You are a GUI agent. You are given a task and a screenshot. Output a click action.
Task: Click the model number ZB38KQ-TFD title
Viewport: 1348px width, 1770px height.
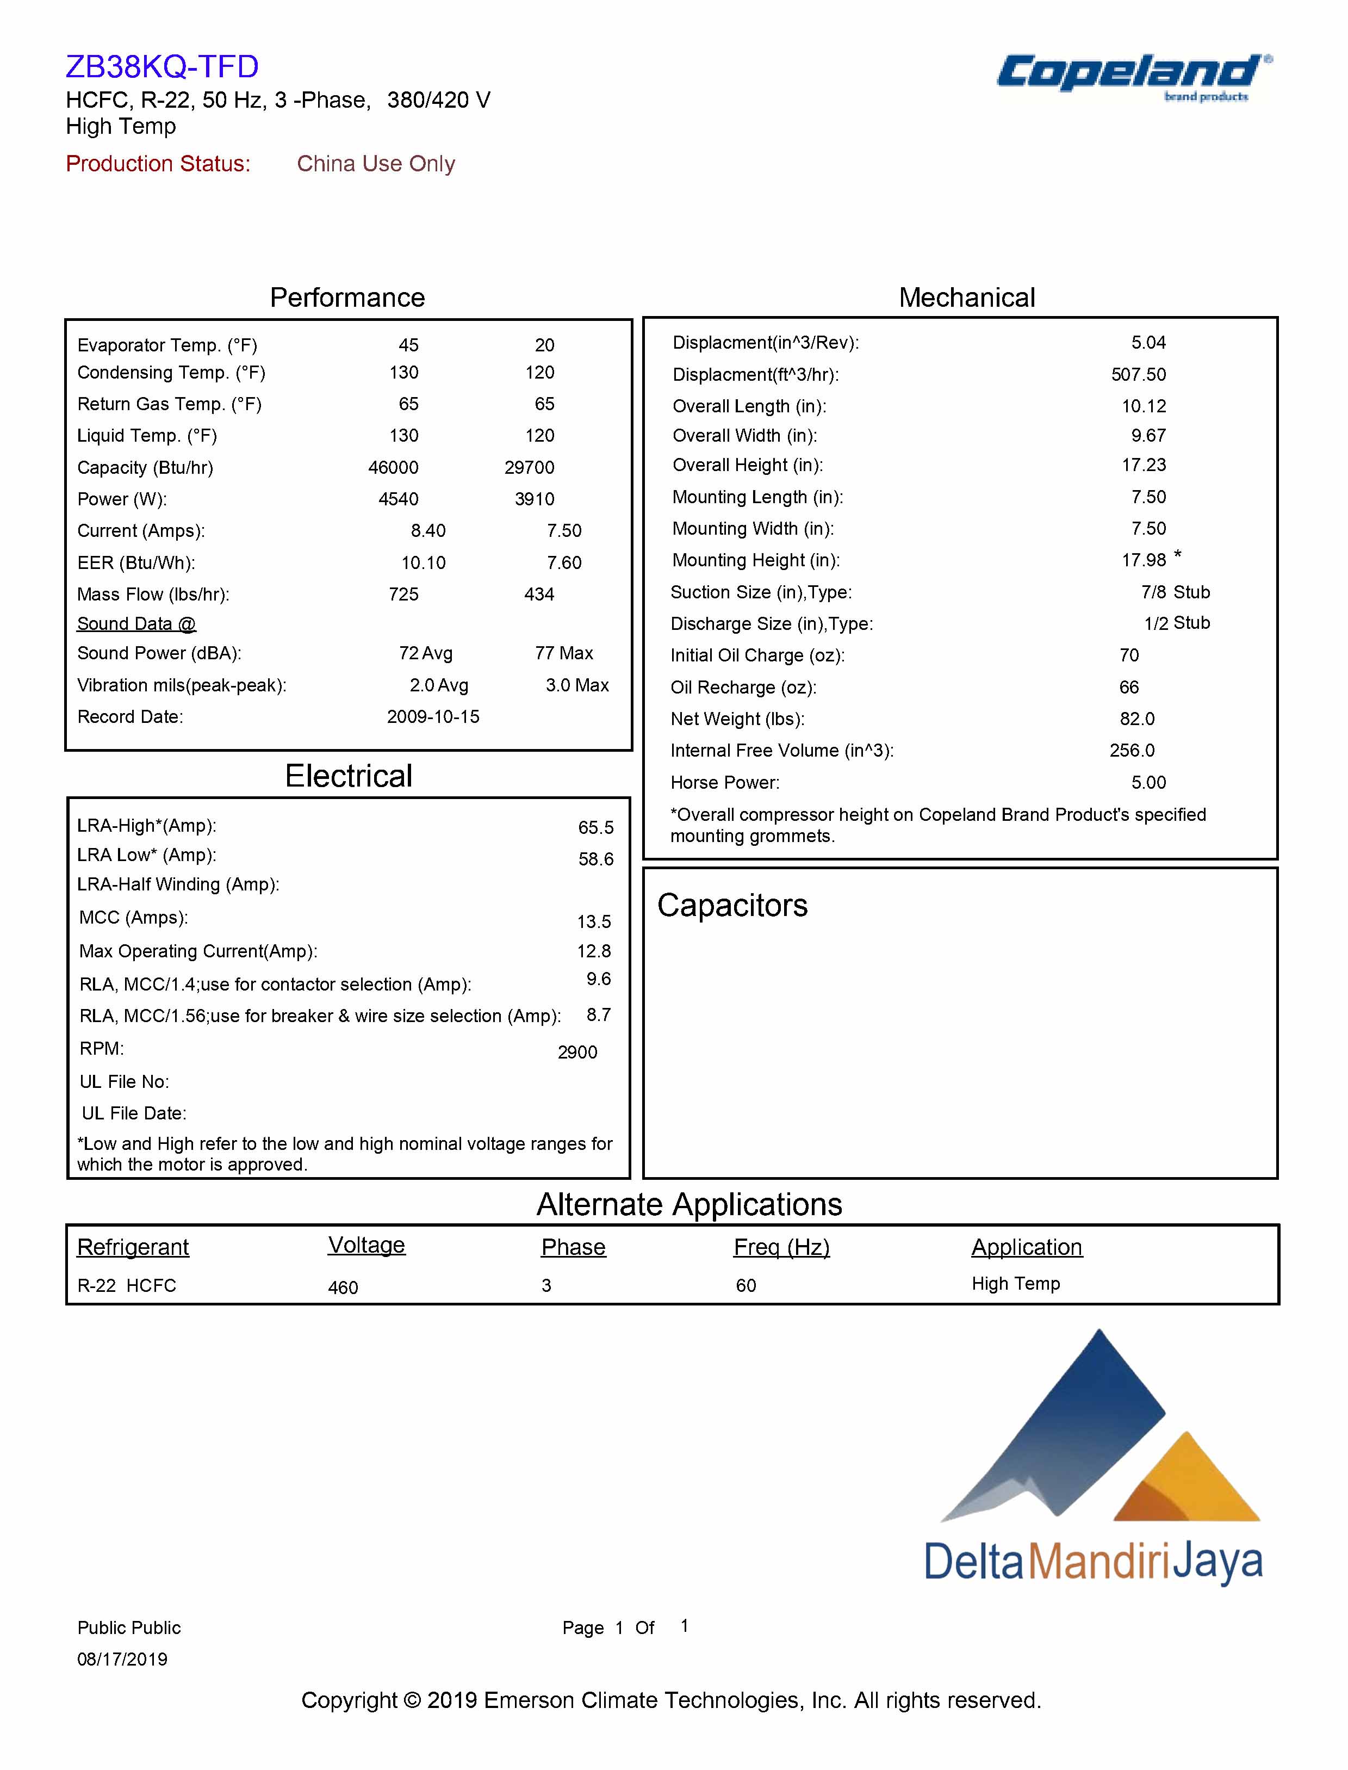pyautogui.click(x=162, y=66)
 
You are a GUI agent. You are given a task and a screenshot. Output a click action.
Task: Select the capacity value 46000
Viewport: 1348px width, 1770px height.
pyautogui.click(x=393, y=467)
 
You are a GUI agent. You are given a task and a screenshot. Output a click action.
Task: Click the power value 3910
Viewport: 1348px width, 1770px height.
pyautogui.click(x=535, y=499)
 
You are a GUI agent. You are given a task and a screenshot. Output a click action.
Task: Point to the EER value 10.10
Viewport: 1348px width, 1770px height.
pyautogui.click(x=423, y=562)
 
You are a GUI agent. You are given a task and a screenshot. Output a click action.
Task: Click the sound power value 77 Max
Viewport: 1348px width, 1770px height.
pyautogui.click(x=564, y=653)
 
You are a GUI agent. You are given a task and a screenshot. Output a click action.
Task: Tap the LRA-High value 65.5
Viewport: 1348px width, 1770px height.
pyautogui.click(x=595, y=827)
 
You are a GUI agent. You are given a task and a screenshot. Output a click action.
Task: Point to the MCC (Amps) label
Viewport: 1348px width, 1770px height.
pyautogui.click(x=133, y=918)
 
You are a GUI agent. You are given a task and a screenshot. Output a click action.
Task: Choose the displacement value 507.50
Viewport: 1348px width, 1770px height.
pyautogui.click(x=1138, y=375)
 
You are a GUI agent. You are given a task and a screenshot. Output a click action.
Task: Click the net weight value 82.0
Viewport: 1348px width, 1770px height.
pyautogui.click(x=1137, y=719)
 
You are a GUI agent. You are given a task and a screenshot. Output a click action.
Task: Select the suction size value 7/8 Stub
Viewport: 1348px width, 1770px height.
pyautogui.click(x=1175, y=592)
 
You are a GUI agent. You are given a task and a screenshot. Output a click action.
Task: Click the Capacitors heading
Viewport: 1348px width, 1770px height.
pyautogui.click(x=732, y=906)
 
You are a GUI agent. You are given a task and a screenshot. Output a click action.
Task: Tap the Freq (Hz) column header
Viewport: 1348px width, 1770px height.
pyautogui.click(x=781, y=1247)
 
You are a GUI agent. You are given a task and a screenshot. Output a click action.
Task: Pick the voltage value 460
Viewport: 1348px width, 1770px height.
pyautogui.click(x=343, y=1288)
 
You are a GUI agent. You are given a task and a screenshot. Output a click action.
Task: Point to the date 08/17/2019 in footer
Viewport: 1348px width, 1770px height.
pyautogui.click(x=122, y=1658)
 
